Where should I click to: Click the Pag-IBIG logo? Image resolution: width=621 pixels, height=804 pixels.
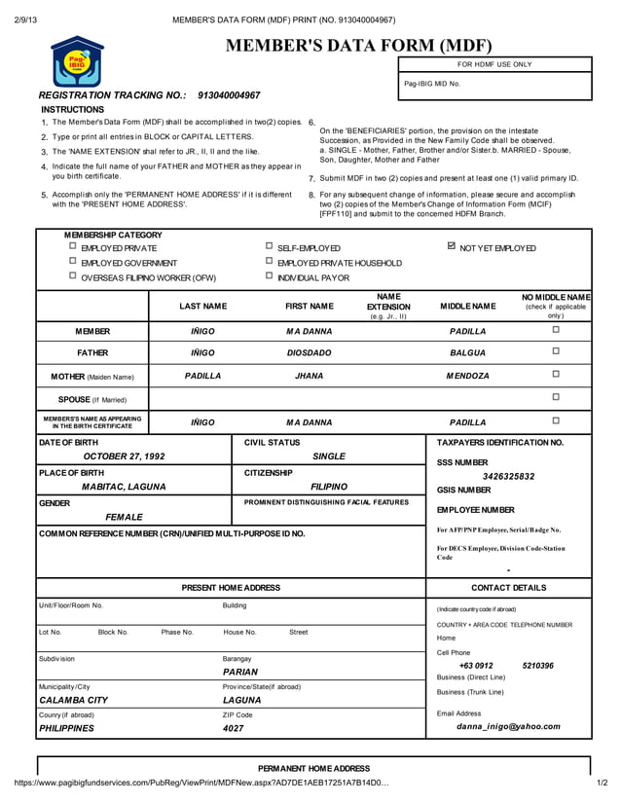75,61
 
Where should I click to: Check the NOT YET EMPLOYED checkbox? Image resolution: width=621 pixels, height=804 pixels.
451,247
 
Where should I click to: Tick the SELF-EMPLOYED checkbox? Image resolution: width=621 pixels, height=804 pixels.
270,247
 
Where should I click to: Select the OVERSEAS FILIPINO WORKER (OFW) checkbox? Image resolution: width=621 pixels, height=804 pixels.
73,276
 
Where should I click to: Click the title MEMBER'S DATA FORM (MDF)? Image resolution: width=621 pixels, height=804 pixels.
359,46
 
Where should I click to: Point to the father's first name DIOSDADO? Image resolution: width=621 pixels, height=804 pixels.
309,352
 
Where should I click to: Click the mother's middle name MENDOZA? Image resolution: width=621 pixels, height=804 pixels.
467,375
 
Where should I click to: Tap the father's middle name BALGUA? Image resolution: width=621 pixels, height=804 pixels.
467,352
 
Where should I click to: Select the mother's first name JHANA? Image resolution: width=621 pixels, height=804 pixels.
309,375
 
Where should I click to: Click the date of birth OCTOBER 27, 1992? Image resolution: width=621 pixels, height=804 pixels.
124,456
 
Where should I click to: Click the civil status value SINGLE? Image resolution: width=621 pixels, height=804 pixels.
329,456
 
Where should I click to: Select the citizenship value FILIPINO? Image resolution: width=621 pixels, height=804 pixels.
329,487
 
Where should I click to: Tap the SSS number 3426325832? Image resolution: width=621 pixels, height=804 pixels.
508,477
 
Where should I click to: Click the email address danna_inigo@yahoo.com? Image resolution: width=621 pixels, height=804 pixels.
508,726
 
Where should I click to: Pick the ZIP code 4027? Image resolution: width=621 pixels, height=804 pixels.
234,728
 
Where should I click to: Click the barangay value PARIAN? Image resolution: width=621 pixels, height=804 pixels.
240,672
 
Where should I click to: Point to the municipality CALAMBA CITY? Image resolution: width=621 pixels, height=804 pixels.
73,700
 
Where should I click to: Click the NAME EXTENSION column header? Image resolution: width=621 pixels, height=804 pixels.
388,306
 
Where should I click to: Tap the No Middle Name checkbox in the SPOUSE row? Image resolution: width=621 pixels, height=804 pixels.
556,397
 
